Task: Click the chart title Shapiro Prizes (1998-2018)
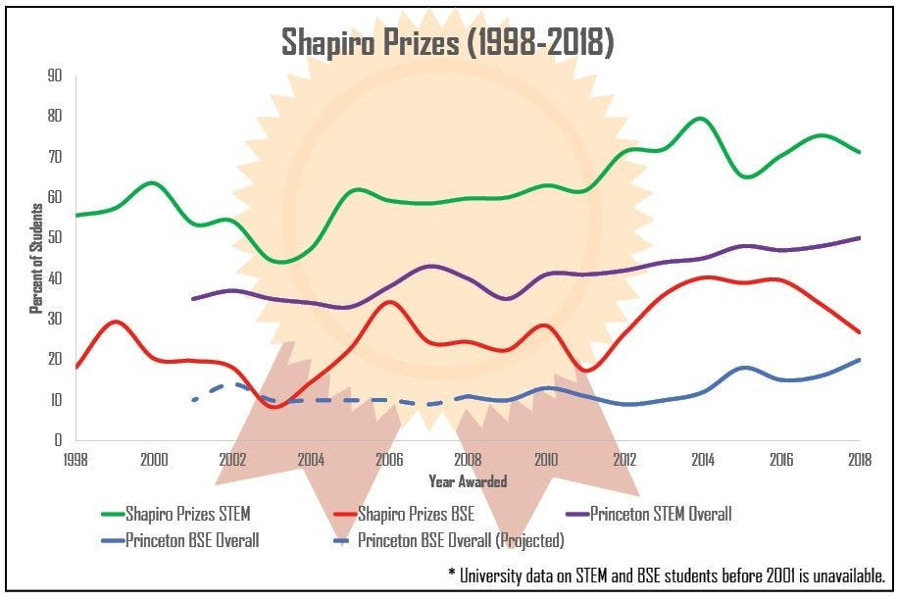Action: tap(448, 42)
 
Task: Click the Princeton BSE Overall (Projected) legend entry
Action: tap(461, 540)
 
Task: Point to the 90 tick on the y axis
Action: tap(55, 75)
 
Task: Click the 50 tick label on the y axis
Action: tap(55, 238)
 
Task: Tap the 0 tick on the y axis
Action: tap(59, 440)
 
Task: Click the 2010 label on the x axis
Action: tap(546, 459)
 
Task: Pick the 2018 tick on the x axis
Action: tap(860, 459)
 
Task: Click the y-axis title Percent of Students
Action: tap(35, 257)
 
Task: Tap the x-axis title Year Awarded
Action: tap(468, 481)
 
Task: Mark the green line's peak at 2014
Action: tap(701, 119)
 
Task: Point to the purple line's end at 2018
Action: tap(860, 237)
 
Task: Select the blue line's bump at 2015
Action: tap(745, 368)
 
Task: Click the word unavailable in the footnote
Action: tap(845, 575)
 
